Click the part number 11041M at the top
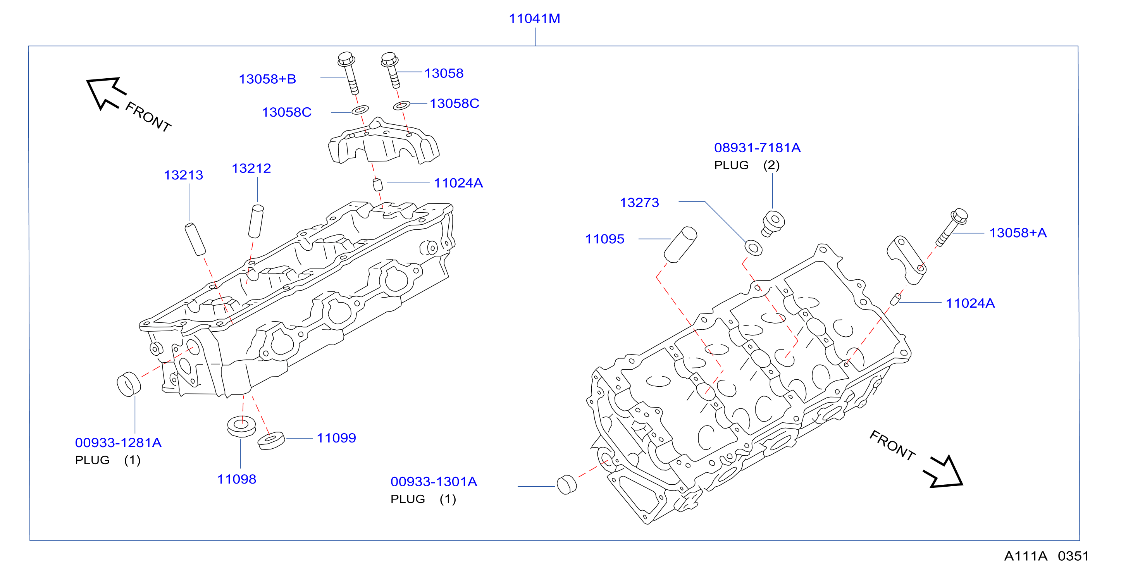534,19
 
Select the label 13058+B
267,79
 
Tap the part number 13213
183,175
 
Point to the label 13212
251,168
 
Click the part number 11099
336,438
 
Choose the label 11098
237,479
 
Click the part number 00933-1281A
118,442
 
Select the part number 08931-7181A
758,148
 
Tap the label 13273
639,202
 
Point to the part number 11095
605,239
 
